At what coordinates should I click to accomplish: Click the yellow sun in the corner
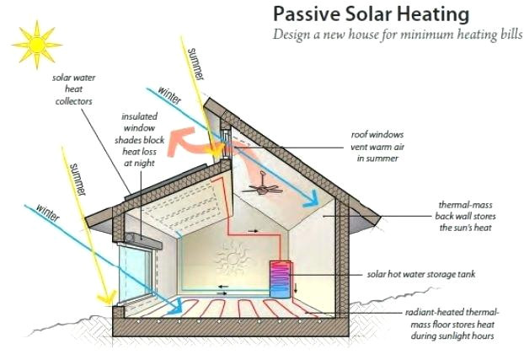click(x=35, y=43)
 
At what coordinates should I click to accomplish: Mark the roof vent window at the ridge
click(x=227, y=140)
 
